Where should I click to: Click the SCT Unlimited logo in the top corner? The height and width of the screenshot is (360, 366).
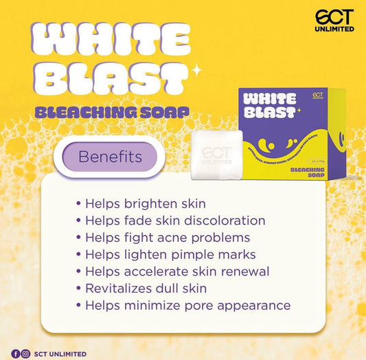click(334, 20)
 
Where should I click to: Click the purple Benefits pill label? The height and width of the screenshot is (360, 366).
click(110, 157)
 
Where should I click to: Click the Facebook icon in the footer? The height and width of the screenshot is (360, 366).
click(16, 354)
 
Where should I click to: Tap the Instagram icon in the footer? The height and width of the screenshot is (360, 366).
click(25, 354)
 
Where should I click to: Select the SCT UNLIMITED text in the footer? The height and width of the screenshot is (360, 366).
click(60, 354)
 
